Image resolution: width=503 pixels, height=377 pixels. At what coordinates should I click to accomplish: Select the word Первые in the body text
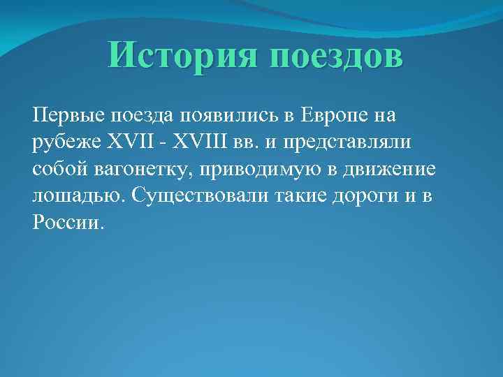click(67, 114)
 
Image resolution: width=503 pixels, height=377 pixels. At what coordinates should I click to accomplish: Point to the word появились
click(234, 114)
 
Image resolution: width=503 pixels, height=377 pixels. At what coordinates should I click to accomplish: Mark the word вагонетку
click(140, 170)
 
